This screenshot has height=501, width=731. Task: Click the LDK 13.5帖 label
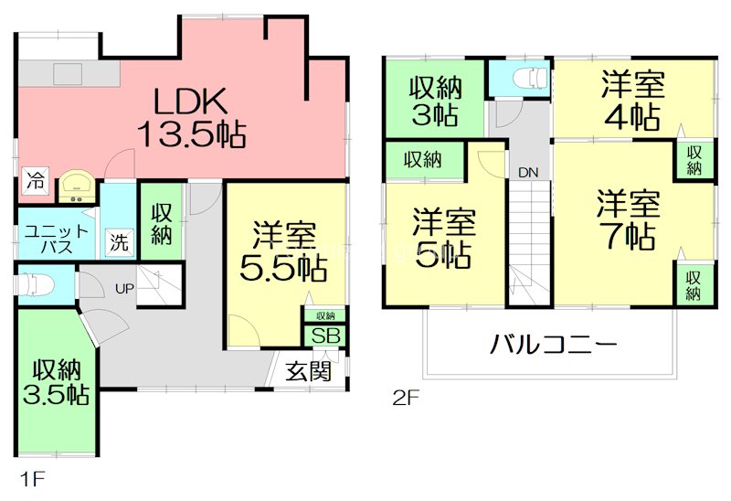tap(190, 117)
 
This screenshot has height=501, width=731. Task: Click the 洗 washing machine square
tap(119, 243)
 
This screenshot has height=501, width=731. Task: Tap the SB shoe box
tap(325, 336)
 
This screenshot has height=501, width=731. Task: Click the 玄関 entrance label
tap(308, 371)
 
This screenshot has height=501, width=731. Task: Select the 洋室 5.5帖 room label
tap(285, 251)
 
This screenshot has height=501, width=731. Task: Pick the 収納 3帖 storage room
tap(434, 101)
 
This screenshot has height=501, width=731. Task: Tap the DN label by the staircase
tap(528, 172)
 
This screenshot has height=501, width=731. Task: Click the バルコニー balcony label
tap(555, 346)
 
